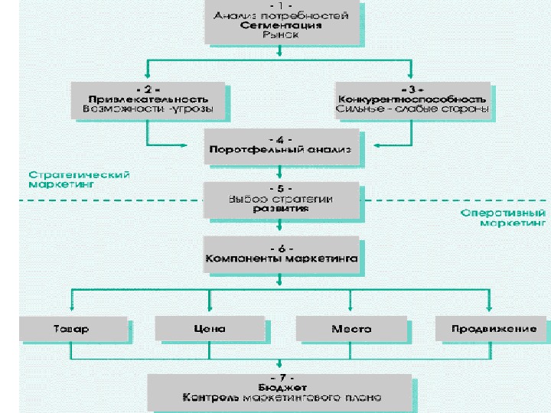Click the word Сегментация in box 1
pyautogui.click(x=281, y=24)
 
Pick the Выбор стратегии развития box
pyautogui.click(x=280, y=198)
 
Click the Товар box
pyautogui.click(x=70, y=329)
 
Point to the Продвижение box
pyautogui.click(x=487, y=329)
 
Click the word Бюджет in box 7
pyautogui.click(x=281, y=387)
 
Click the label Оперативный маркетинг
pyautogui.click(x=503, y=218)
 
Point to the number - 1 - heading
pyautogui.click(x=281, y=5)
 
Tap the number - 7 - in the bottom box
pyautogui.click(x=281, y=377)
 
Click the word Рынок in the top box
pyautogui.click(x=281, y=34)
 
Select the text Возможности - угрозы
pyautogui.click(x=149, y=109)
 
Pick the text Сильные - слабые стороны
pyautogui.click(x=412, y=109)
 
